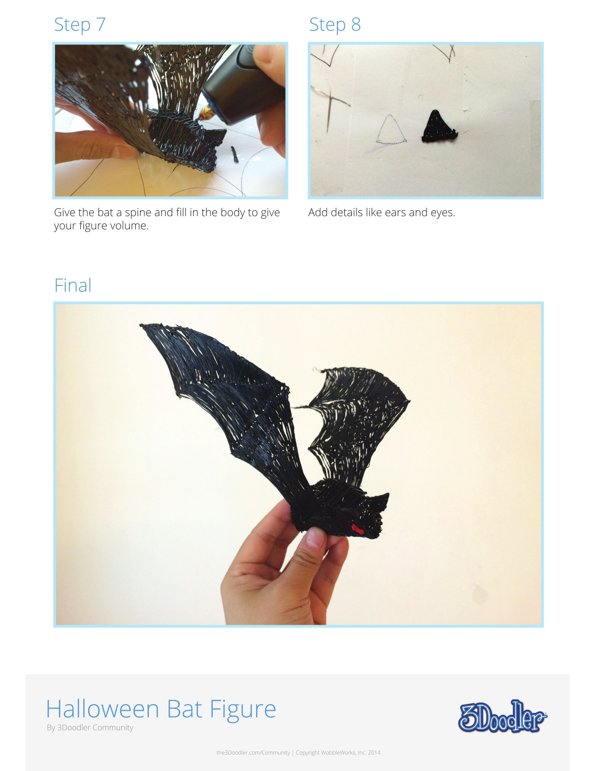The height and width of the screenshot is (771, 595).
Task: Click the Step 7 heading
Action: click(80, 24)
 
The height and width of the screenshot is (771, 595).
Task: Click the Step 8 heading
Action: click(335, 24)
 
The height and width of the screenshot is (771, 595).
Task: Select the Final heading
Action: click(73, 285)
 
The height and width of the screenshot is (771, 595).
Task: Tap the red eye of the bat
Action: click(357, 529)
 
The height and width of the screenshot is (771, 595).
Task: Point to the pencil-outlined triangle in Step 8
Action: click(391, 131)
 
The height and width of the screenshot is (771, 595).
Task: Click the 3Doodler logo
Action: click(502, 716)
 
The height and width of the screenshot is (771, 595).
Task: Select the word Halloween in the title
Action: click(103, 709)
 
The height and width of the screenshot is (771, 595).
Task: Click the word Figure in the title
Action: click(243, 709)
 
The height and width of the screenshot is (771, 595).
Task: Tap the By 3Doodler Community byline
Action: click(90, 728)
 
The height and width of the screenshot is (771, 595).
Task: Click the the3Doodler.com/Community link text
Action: click(253, 752)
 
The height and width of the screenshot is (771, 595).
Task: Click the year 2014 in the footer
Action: click(374, 752)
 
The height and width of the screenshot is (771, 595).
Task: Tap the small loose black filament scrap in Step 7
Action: click(235, 154)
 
